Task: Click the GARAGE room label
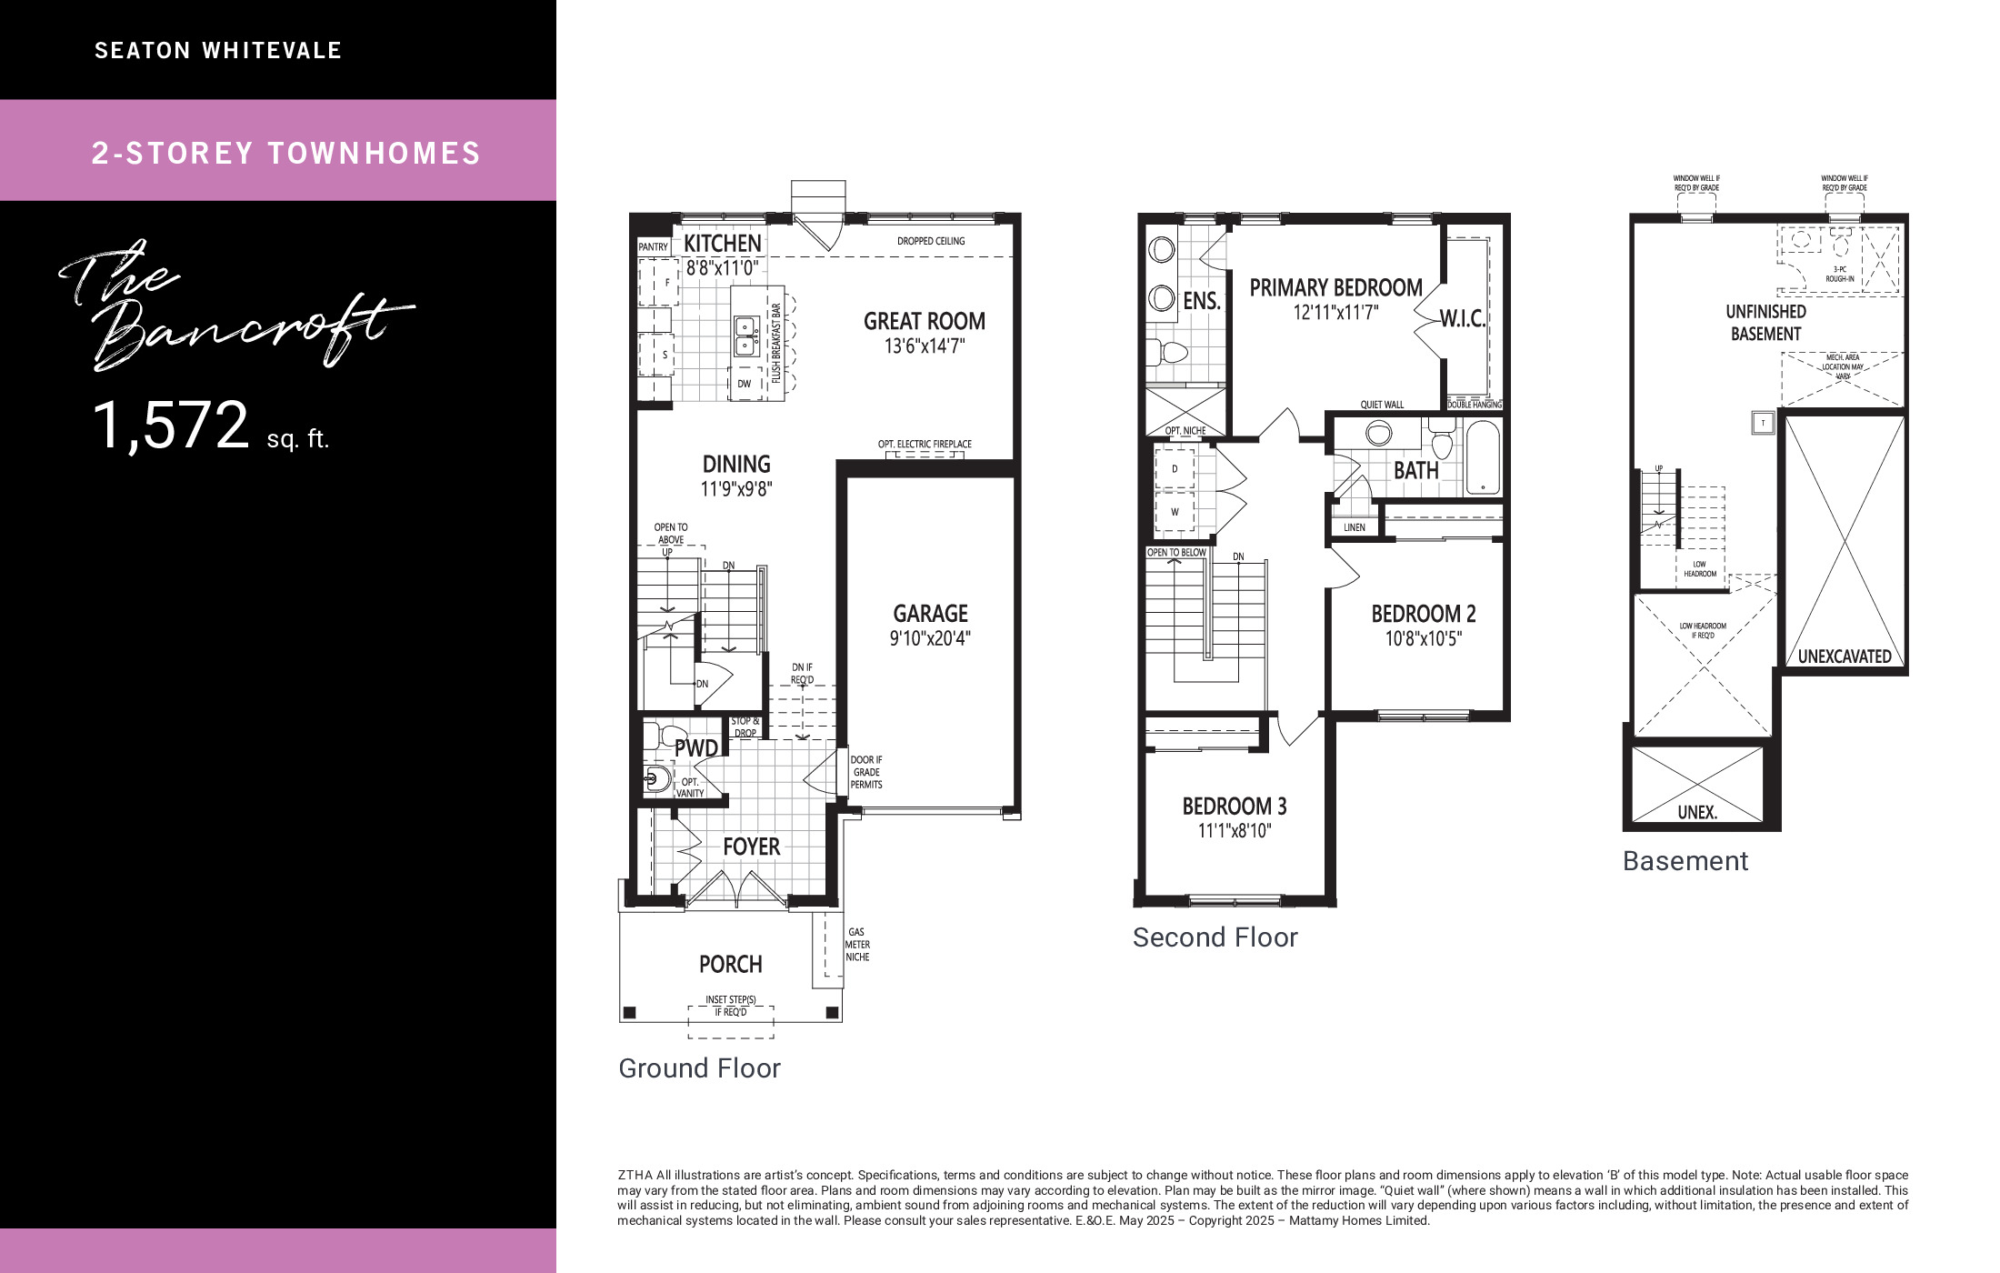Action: click(930, 614)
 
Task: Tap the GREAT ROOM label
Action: click(925, 321)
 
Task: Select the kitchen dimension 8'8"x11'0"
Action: click(722, 267)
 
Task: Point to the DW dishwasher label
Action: click(745, 384)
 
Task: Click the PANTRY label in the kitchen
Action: click(653, 247)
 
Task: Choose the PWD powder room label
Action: click(696, 748)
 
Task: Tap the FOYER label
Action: click(751, 847)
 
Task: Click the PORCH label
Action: click(730, 964)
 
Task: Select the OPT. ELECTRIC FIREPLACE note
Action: click(925, 444)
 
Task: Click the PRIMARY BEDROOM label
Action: click(1335, 287)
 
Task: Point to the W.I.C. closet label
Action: click(1463, 319)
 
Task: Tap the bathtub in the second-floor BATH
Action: click(1483, 458)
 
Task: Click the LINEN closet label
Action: click(1355, 527)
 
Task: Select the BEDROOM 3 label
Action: click(1235, 807)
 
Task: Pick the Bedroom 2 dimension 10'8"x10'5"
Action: click(1424, 638)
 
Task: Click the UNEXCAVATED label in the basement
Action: click(1845, 657)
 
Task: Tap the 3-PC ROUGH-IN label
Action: click(1840, 275)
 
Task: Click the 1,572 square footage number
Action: click(171, 426)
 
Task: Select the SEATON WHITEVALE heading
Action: click(218, 51)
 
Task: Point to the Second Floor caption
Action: click(1215, 937)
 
